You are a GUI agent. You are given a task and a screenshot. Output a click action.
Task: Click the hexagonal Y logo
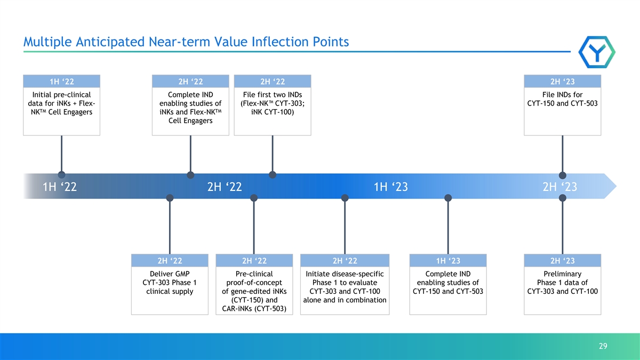click(x=597, y=52)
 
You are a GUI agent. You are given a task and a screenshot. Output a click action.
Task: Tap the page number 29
click(x=603, y=346)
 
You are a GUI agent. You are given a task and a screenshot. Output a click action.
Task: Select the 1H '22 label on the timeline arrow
click(x=60, y=187)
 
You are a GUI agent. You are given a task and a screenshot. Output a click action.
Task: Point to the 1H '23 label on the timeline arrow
click(x=391, y=187)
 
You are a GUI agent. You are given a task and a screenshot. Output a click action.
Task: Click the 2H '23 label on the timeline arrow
click(x=559, y=187)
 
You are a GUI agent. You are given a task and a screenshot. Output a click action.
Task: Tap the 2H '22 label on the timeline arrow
click(x=225, y=187)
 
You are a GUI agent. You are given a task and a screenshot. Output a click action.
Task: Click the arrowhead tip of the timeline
click(x=617, y=186)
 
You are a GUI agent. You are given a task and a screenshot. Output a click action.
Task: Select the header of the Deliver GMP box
click(x=170, y=261)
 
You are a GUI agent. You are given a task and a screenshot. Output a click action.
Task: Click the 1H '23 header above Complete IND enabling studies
click(x=448, y=261)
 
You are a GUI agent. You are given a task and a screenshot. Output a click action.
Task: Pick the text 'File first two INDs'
click(x=273, y=94)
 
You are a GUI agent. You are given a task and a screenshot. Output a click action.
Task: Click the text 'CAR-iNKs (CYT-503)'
click(x=254, y=309)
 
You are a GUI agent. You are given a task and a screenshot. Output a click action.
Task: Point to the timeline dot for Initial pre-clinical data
click(x=61, y=175)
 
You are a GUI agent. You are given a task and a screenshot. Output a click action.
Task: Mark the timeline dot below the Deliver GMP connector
click(x=170, y=198)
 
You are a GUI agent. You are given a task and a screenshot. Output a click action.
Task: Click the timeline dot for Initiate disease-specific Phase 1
click(x=345, y=198)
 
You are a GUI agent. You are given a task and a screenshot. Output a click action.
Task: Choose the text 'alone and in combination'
click(x=345, y=300)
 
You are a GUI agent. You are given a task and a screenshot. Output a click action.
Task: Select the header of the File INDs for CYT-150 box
click(x=563, y=82)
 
